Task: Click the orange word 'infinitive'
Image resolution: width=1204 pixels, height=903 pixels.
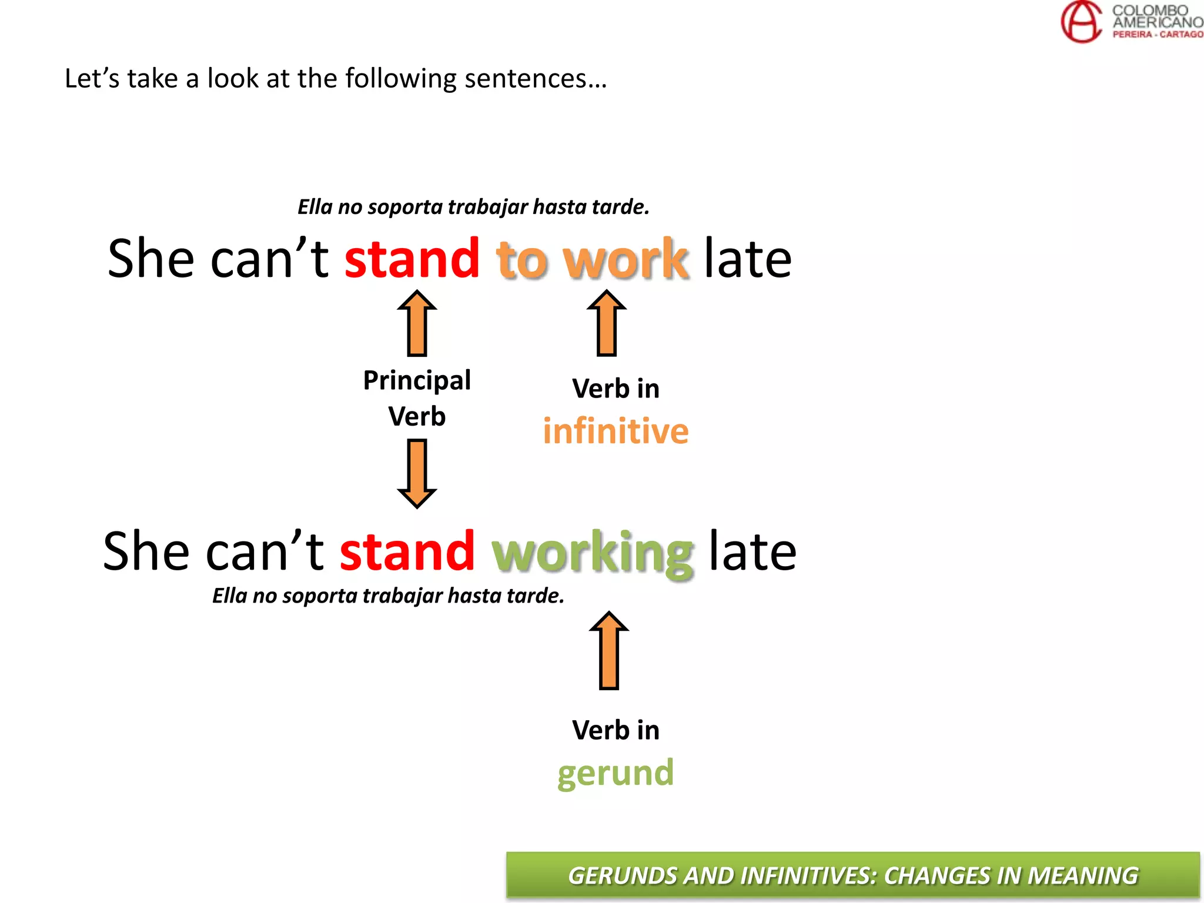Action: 615,431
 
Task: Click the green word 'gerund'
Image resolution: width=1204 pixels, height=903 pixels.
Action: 615,772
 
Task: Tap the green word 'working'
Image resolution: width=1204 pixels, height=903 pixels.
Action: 593,552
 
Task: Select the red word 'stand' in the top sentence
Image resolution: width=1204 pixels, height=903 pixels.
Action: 412,259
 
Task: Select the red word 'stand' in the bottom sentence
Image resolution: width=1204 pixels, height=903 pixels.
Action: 407,551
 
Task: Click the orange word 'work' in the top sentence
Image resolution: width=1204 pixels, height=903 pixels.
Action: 625,259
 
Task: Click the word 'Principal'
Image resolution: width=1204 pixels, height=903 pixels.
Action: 417,380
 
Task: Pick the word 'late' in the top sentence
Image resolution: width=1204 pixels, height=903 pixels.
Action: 747,259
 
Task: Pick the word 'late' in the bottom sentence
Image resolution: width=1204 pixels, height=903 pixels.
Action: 752,551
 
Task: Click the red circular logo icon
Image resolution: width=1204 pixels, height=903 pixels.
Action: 1081,22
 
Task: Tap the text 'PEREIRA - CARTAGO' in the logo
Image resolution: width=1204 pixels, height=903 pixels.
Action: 1157,35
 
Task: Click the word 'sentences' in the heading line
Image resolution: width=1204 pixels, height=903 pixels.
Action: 535,78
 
